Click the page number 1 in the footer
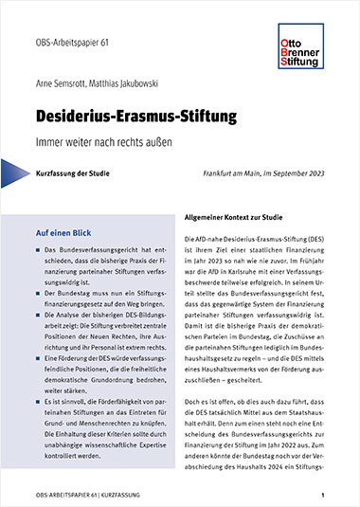(x=323, y=495)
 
